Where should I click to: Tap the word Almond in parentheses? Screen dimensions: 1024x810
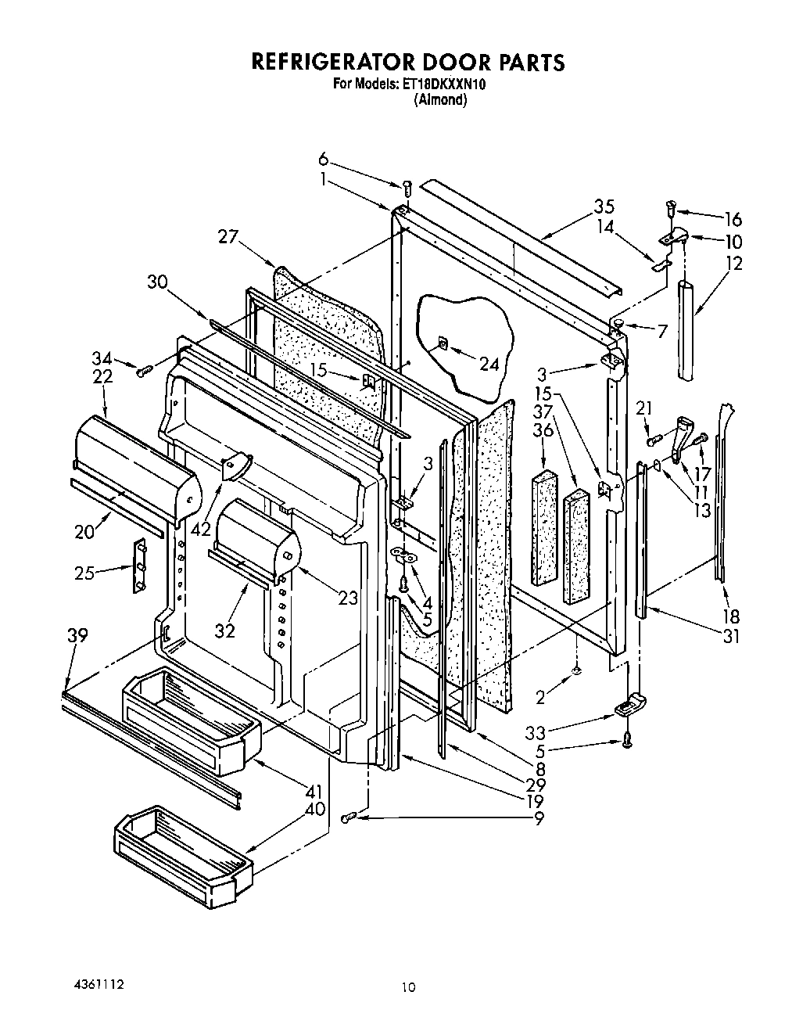(x=440, y=99)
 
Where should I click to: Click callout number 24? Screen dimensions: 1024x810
(x=488, y=364)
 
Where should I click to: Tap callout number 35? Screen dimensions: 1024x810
(x=603, y=207)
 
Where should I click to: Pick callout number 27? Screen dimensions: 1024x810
(x=228, y=237)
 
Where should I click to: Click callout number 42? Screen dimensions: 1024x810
(x=200, y=528)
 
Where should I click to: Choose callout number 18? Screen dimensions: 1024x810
(x=730, y=616)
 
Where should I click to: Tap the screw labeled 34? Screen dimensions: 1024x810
(x=143, y=372)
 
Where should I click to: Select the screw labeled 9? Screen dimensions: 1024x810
(x=349, y=817)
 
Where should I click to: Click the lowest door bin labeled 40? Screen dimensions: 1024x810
(x=185, y=859)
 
